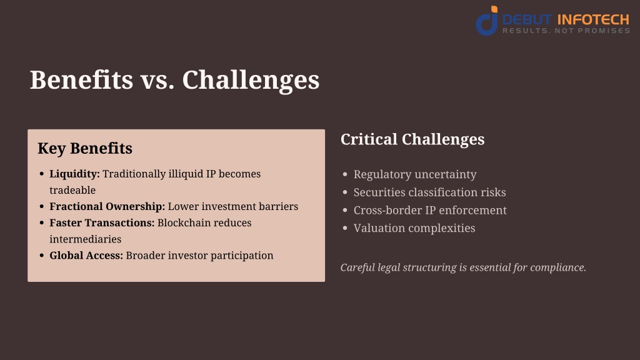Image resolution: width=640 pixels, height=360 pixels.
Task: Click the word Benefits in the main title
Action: (82, 79)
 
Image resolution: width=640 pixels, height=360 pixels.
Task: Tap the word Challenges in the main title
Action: (251, 81)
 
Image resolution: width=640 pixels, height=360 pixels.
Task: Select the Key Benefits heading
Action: (85, 149)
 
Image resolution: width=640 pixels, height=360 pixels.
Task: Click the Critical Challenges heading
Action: (412, 139)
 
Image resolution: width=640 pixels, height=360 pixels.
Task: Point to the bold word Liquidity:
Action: (74, 174)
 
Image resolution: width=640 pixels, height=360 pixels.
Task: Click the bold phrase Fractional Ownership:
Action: (107, 206)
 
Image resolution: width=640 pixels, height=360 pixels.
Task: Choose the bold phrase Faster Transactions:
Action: (102, 223)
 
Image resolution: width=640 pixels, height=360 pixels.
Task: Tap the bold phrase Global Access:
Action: (86, 256)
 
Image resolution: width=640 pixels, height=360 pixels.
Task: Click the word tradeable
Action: (72, 190)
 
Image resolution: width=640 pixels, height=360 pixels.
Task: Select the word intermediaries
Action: (85, 239)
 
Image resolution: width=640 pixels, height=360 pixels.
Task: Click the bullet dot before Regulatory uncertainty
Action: (345, 174)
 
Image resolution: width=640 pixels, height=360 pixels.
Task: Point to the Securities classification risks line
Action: (429, 192)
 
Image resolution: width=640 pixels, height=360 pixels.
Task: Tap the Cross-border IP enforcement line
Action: (430, 210)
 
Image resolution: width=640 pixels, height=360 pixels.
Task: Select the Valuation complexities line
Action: (414, 228)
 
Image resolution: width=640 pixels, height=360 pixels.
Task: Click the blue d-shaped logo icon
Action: (487, 21)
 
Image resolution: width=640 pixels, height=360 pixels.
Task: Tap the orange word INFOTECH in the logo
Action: (593, 19)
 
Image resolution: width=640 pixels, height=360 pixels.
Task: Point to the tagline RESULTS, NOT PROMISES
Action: (566, 31)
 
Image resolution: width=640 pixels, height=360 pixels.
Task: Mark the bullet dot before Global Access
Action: (42, 256)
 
